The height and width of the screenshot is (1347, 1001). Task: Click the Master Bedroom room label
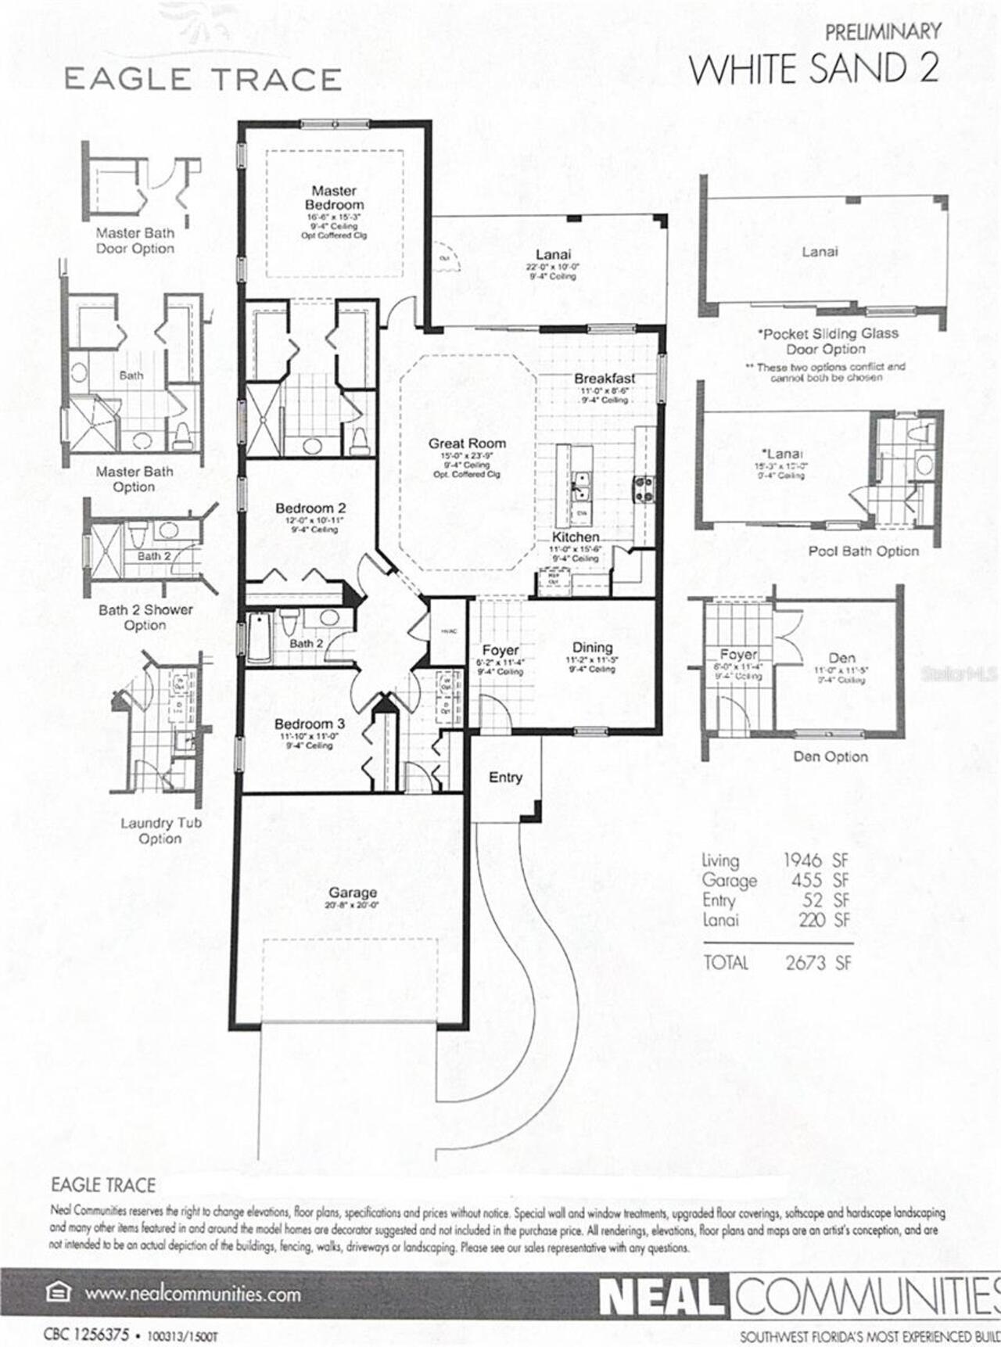(x=334, y=197)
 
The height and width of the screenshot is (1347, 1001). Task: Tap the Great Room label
(x=467, y=444)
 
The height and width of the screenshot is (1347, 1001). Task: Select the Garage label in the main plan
(x=353, y=893)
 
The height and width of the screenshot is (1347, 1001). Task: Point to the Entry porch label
(x=505, y=778)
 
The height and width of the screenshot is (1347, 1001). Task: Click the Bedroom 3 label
(x=309, y=724)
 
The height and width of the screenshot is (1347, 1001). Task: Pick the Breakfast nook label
(x=605, y=379)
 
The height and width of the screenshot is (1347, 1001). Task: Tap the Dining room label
(x=592, y=648)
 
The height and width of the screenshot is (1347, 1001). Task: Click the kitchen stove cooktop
(x=645, y=489)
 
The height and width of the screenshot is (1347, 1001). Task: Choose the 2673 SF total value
(x=818, y=963)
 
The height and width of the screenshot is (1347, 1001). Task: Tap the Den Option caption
(x=831, y=757)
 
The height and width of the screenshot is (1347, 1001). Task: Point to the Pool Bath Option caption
(x=863, y=551)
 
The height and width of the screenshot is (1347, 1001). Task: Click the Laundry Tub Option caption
(x=160, y=831)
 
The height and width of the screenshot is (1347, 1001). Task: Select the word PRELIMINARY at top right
(x=883, y=32)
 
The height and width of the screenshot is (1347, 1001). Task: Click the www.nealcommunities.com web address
(x=192, y=1294)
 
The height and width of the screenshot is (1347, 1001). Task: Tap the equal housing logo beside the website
(x=58, y=1293)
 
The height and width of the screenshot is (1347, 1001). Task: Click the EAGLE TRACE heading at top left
(x=203, y=80)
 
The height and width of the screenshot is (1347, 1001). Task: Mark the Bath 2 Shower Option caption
(x=145, y=617)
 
